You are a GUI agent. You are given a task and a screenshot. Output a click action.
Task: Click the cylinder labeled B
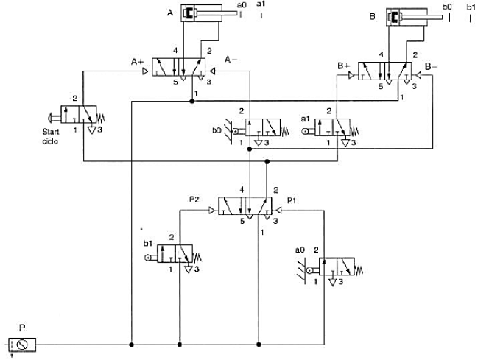click(412, 15)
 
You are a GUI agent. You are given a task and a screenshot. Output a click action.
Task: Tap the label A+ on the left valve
click(138, 61)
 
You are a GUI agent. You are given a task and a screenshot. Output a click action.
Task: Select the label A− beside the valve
click(231, 60)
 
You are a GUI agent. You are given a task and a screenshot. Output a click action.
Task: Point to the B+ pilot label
click(343, 66)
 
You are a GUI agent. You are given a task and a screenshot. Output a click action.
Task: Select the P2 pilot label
click(194, 200)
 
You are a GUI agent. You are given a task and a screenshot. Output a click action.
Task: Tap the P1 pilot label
click(292, 200)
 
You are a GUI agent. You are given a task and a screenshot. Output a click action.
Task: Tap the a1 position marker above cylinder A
click(261, 5)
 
